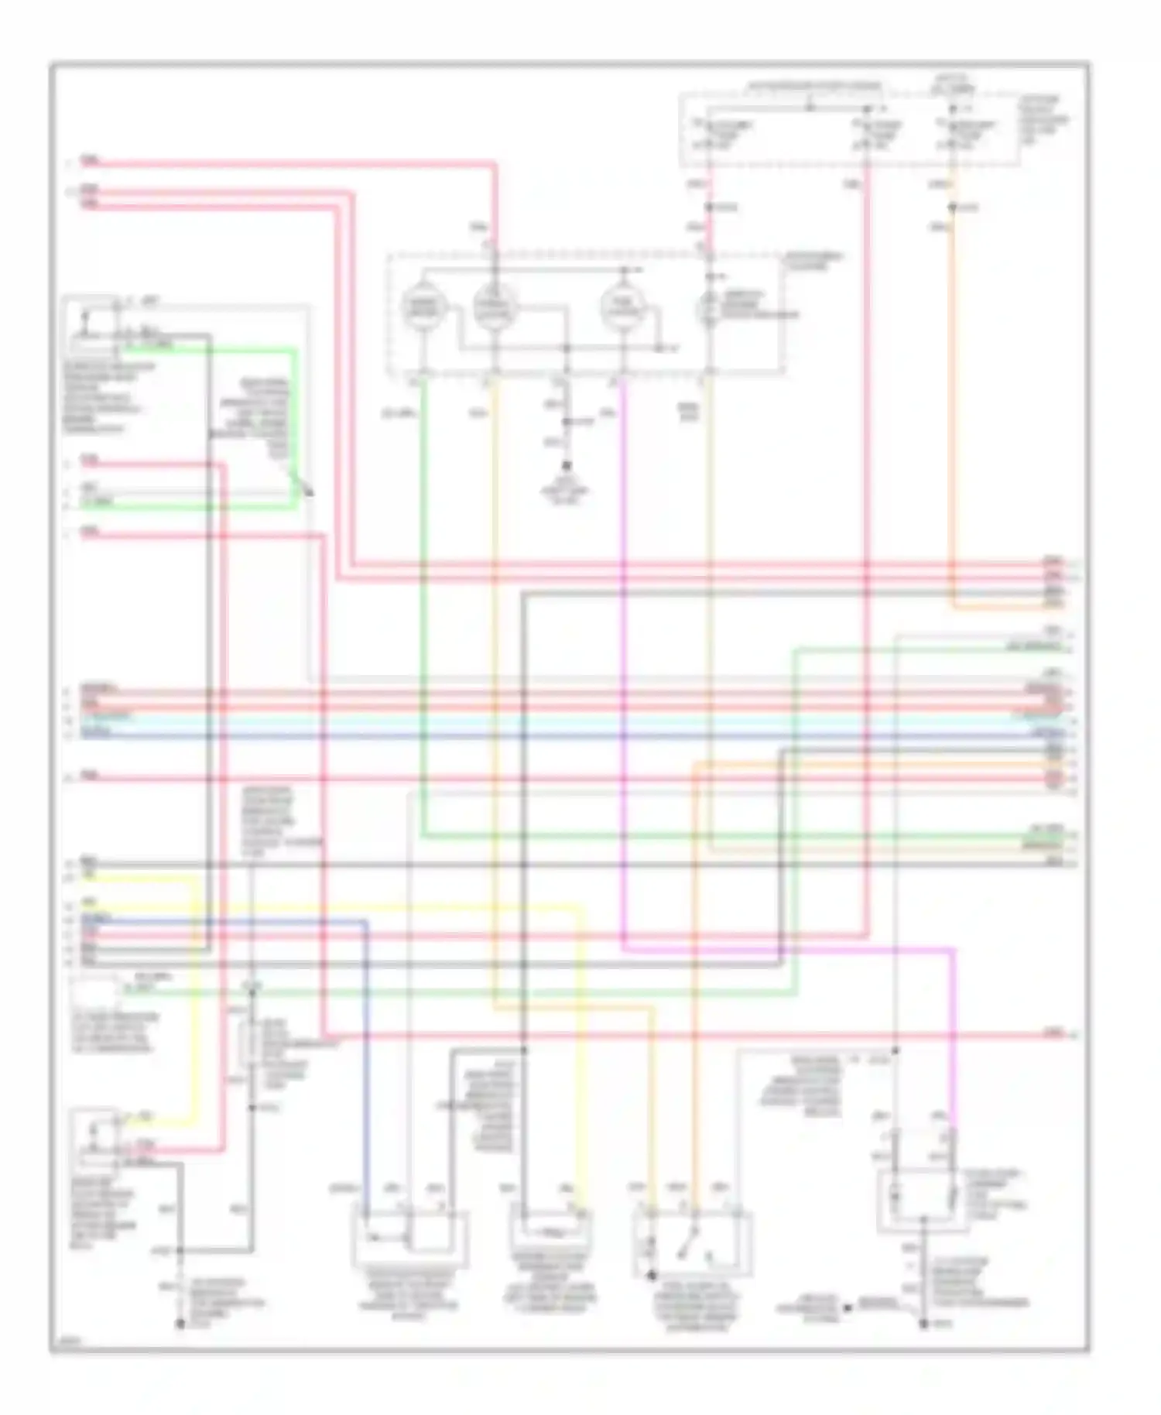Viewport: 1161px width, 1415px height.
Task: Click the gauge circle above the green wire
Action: pos(423,307)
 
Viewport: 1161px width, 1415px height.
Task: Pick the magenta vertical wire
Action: pos(623,658)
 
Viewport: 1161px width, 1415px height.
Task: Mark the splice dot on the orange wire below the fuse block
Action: pos(953,207)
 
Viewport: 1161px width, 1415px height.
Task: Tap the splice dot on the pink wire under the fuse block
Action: pos(708,207)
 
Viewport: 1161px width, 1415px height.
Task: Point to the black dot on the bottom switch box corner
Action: pos(651,1274)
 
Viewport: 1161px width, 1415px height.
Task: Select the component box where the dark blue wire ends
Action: pos(409,1237)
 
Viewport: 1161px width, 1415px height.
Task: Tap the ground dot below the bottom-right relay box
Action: pos(924,1324)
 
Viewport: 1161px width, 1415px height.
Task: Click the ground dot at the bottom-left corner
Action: pos(180,1324)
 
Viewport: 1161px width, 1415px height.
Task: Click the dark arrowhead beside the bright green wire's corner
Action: pos(310,488)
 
